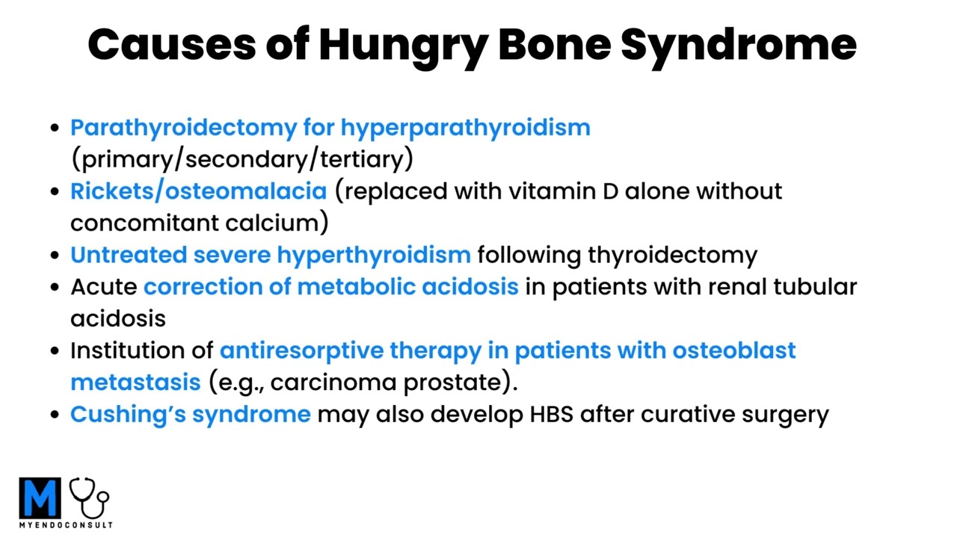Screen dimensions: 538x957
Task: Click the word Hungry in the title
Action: click(402, 45)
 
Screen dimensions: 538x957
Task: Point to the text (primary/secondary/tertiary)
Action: click(241, 159)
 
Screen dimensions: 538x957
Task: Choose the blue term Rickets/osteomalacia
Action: click(198, 191)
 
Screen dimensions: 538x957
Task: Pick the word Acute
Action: click(103, 287)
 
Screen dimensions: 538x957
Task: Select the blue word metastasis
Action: click(135, 382)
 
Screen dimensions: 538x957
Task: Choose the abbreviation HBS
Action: click(552, 414)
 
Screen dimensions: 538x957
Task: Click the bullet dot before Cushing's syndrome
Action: click(54, 415)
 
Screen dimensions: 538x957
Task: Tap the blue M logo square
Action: click(40, 498)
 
